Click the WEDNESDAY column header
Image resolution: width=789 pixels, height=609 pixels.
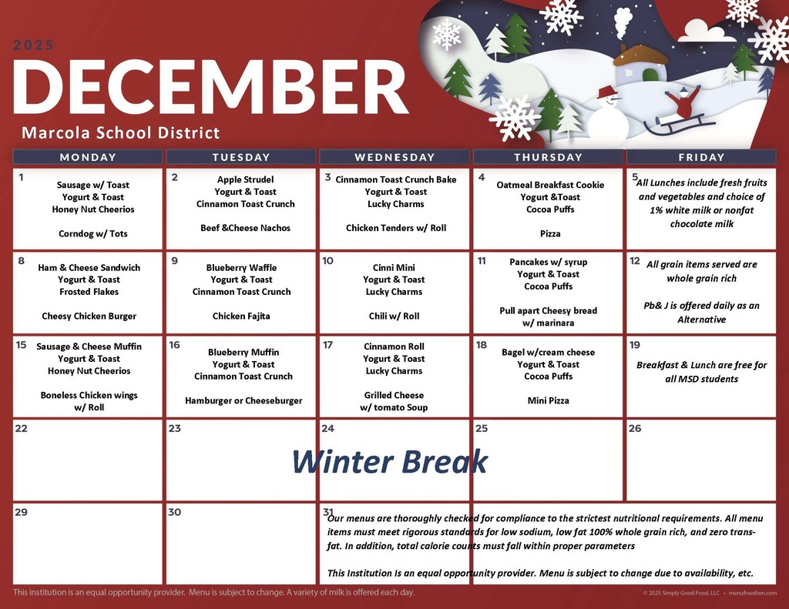[394, 157]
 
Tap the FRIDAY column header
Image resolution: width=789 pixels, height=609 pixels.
[701, 157]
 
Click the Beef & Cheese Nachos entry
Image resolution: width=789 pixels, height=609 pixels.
[243, 228]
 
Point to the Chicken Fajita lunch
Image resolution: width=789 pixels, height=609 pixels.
[241, 316]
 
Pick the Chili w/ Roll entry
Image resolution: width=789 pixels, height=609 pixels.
[394, 316]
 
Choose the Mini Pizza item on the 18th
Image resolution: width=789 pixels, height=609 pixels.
[548, 400]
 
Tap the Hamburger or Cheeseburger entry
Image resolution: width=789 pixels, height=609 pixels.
[243, 400]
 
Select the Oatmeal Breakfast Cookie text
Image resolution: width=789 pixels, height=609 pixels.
[550, 185]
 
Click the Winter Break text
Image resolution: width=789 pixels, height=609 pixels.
[390, 461]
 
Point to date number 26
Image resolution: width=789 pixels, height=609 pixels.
[635, 428]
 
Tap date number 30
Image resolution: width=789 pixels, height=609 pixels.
[175, 512]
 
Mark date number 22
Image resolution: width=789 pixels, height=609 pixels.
[22, 428]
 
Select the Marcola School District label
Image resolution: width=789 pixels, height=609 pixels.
[121, 132]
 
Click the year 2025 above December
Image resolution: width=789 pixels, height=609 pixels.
[34, 45]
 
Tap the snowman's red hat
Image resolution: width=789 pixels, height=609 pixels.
[608, 92]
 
